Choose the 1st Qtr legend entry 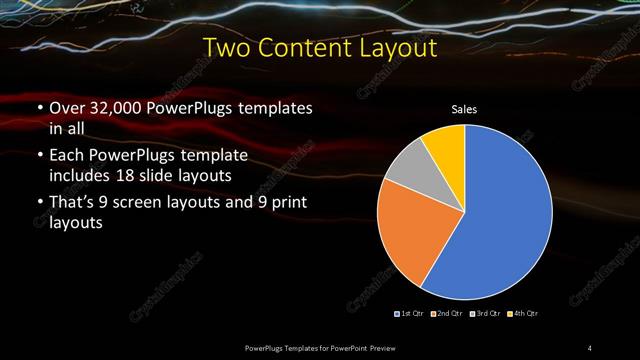[x=411, y=313]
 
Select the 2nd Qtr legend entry [x=448, y=313]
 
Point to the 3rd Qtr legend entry [x=485, y=313]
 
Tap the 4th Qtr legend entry [x=522, y=313]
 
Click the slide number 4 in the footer [x=590, y=347]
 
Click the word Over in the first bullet [x=67, y=108]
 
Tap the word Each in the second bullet [x=67, y=157]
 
